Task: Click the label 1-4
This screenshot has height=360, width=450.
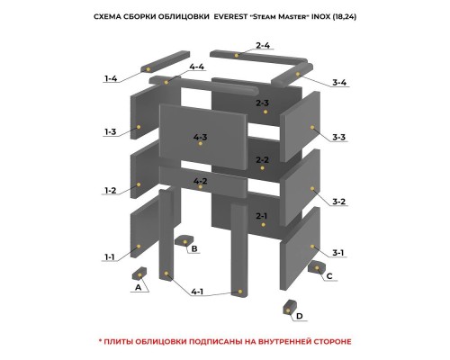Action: (111, 78)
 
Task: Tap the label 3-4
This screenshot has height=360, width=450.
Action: (339, 82)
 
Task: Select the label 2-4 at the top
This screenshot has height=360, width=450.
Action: (263, 45)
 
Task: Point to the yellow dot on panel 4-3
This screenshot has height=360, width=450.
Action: (201, 144)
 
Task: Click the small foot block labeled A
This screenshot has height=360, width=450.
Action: (139, 274)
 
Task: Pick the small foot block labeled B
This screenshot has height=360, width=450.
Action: (184, 241)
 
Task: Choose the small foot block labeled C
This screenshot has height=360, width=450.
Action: (317, 266)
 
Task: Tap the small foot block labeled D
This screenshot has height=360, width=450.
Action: (290, 308)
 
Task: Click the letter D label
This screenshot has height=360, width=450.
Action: (300, 316)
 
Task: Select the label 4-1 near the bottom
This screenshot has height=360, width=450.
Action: (197, 292)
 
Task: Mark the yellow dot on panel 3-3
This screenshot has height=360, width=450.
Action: (312, 127)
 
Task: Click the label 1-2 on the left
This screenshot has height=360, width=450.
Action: (110, 190)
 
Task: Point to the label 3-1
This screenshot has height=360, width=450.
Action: (338, 253)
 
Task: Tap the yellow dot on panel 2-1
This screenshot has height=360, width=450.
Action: (263, 225)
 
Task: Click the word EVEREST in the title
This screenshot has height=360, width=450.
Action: (230, 17)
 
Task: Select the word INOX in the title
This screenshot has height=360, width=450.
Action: (320, 17)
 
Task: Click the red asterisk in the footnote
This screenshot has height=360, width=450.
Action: (101, 340)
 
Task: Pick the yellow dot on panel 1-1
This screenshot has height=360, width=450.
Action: (139, 247)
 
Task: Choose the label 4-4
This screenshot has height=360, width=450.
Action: (196, 67)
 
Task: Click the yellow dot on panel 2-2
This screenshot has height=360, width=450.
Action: (263, 168)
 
